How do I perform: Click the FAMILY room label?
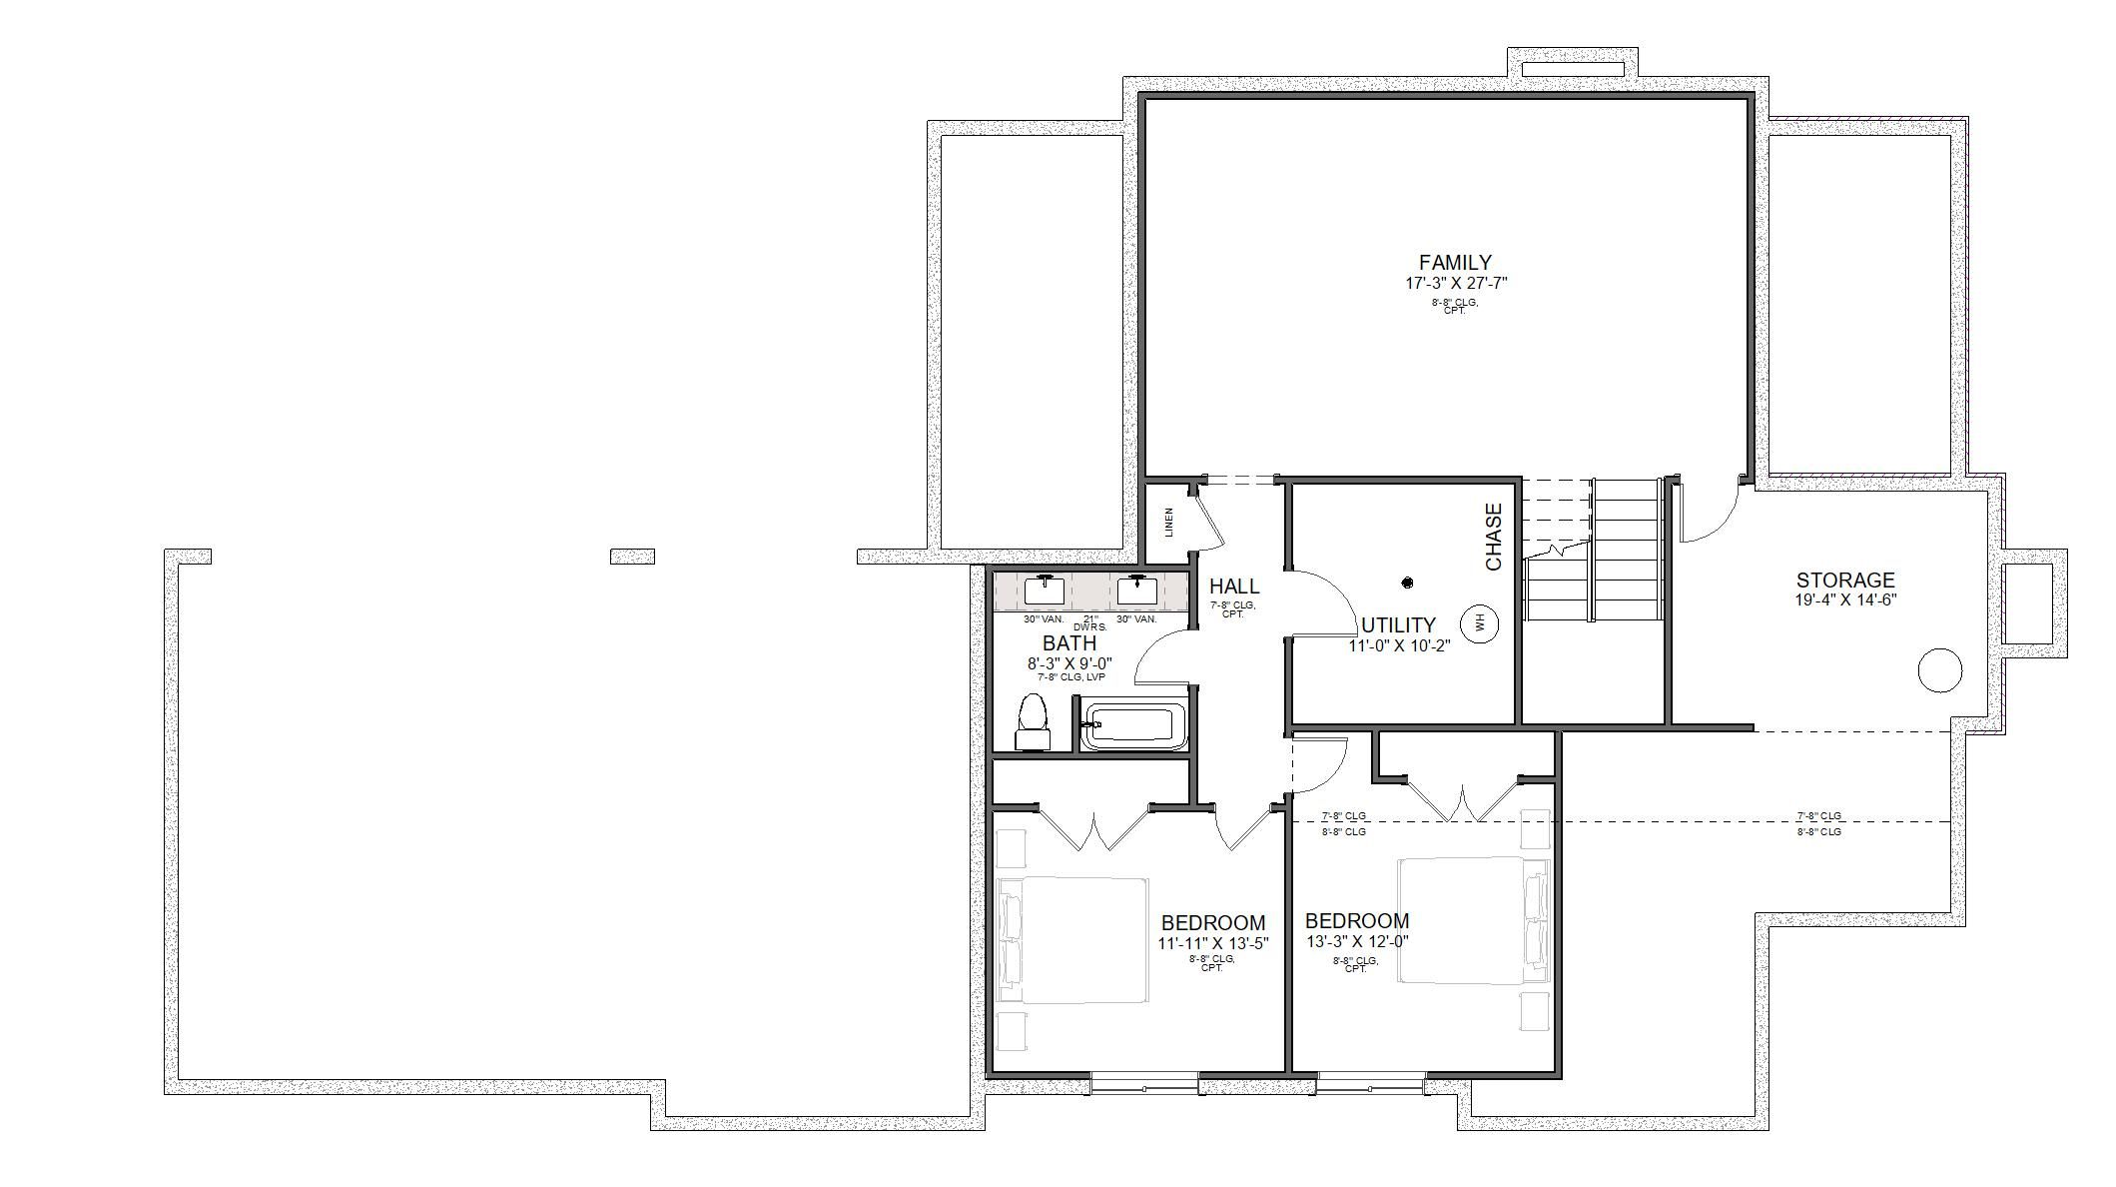[1455, 263]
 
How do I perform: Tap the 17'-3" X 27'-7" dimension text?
[1455, 283]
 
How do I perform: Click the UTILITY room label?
[1398, 625]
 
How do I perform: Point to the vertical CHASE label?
[1494, 537]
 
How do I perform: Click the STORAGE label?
[1844, 580]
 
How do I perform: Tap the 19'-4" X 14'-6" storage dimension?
[1844, 600]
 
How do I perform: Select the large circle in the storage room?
[1939, 669]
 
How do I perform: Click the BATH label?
[1069, 642]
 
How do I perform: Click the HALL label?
[1234, 587]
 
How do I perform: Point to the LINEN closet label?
[1169, 523]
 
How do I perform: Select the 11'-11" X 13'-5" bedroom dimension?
[1212, 943]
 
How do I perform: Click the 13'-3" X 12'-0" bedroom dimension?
[1357, 941]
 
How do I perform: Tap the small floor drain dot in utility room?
[1407, 583]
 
